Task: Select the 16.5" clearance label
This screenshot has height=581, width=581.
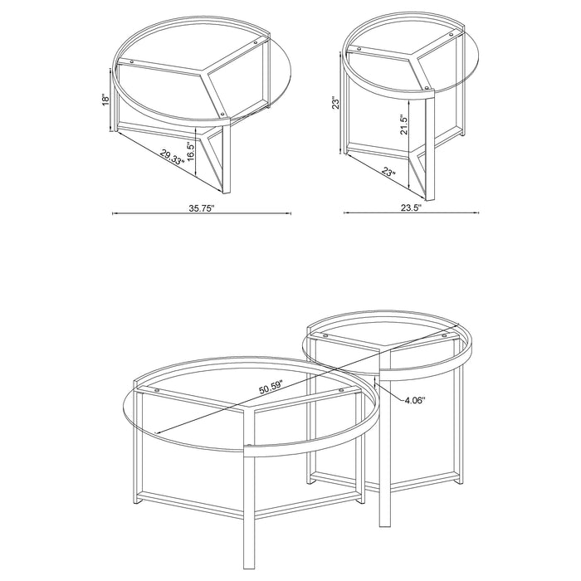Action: click(190, 150)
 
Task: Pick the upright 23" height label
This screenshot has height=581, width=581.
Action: click(335, 103)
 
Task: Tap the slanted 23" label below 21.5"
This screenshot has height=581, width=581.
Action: click(390, 174)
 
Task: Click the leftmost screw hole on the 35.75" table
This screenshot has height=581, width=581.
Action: click(131, 62)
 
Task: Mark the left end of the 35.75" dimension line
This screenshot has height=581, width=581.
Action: click(113, 213)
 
